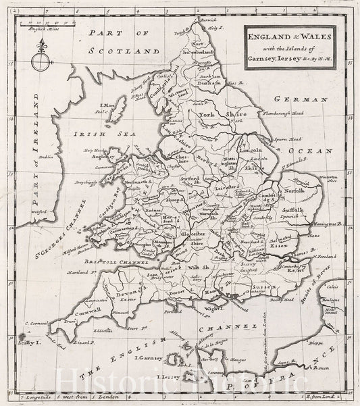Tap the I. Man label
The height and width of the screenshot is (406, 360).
105,105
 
